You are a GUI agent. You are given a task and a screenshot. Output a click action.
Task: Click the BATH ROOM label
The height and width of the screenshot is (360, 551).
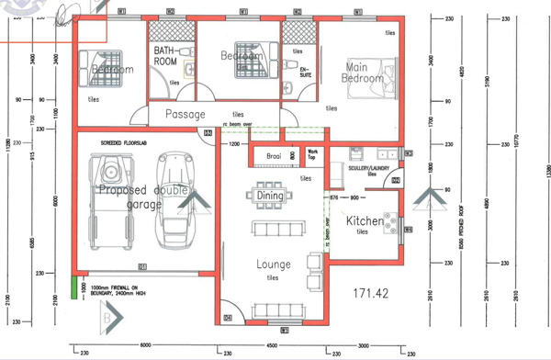[166, 55]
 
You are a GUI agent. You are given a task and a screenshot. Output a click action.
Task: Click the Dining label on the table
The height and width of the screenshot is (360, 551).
[270, 196]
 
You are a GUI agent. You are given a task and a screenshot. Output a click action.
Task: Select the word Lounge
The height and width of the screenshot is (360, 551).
[273, 264]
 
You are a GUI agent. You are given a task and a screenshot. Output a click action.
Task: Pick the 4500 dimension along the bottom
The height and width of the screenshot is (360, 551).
[272, 346]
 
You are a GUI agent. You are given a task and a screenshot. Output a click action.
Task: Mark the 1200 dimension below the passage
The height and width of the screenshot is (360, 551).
[234, 144]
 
